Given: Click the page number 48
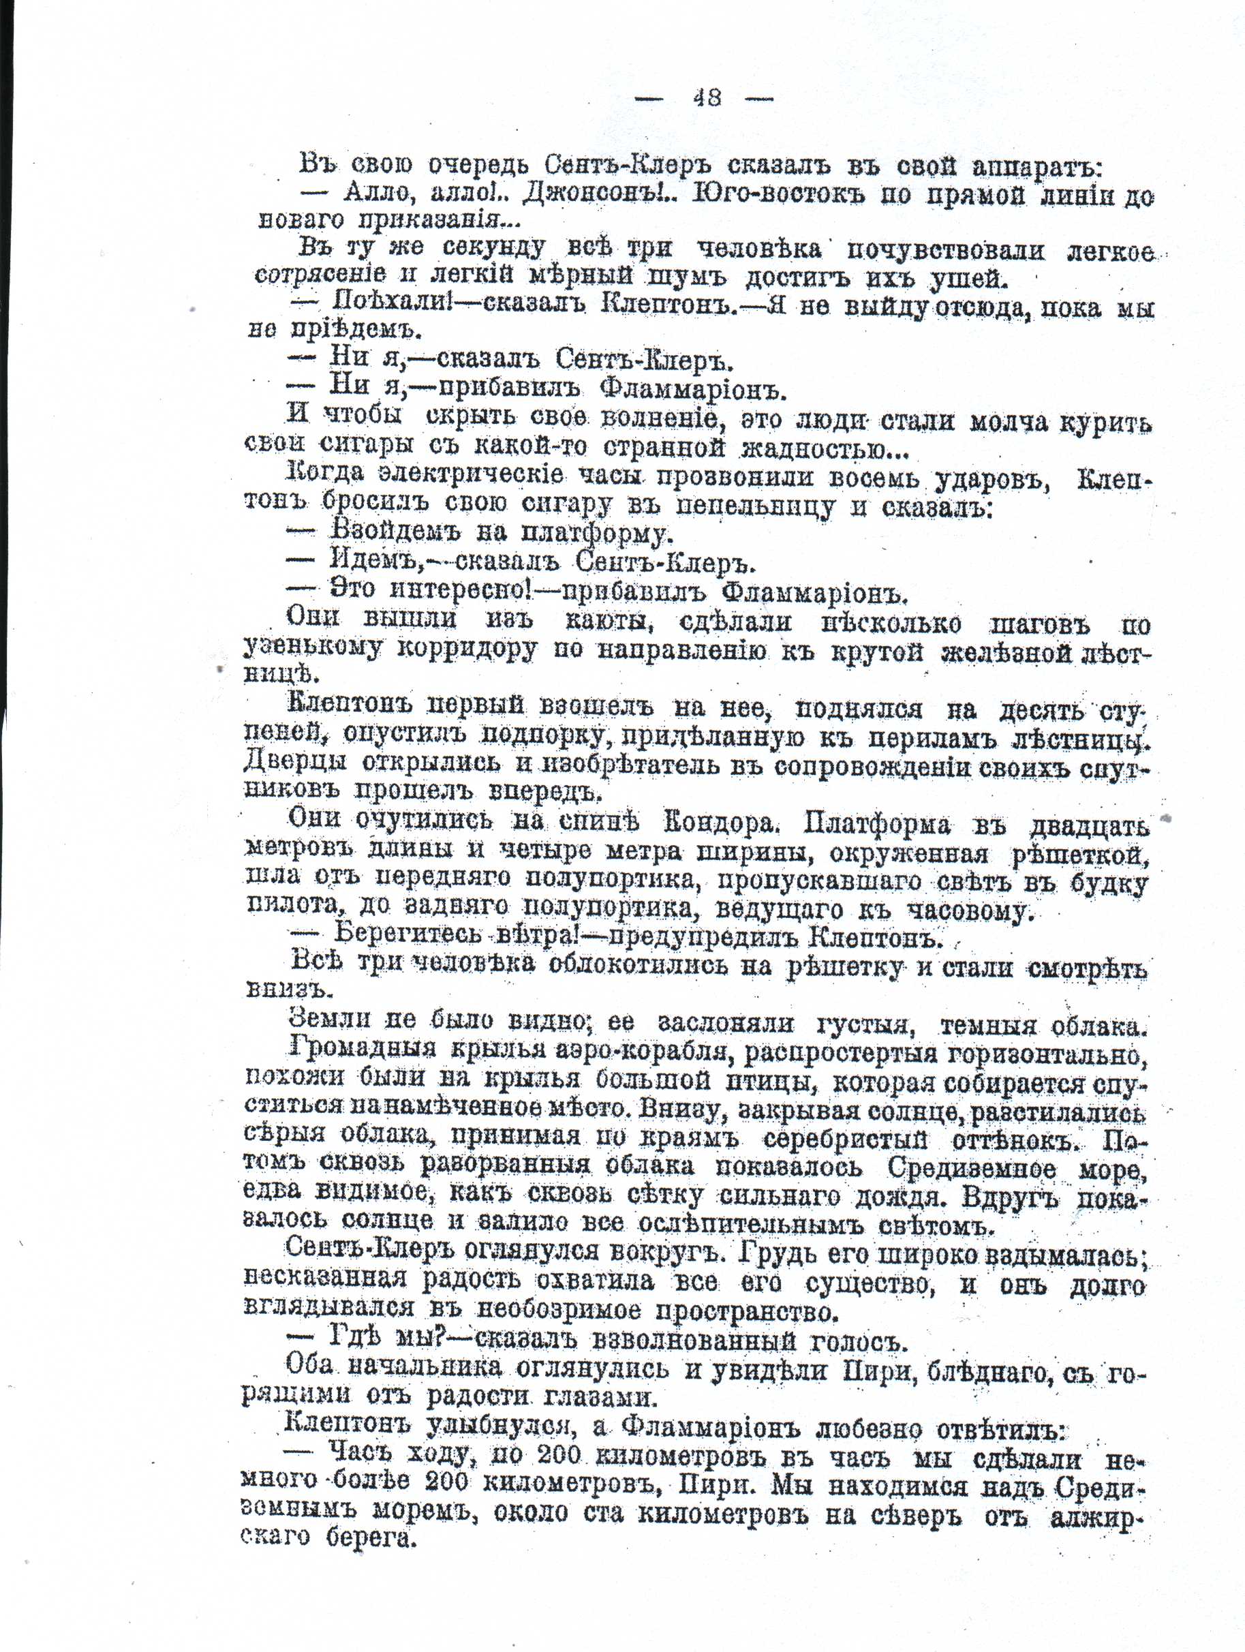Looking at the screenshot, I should [706, 98].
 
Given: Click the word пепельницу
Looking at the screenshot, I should [754, 507].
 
